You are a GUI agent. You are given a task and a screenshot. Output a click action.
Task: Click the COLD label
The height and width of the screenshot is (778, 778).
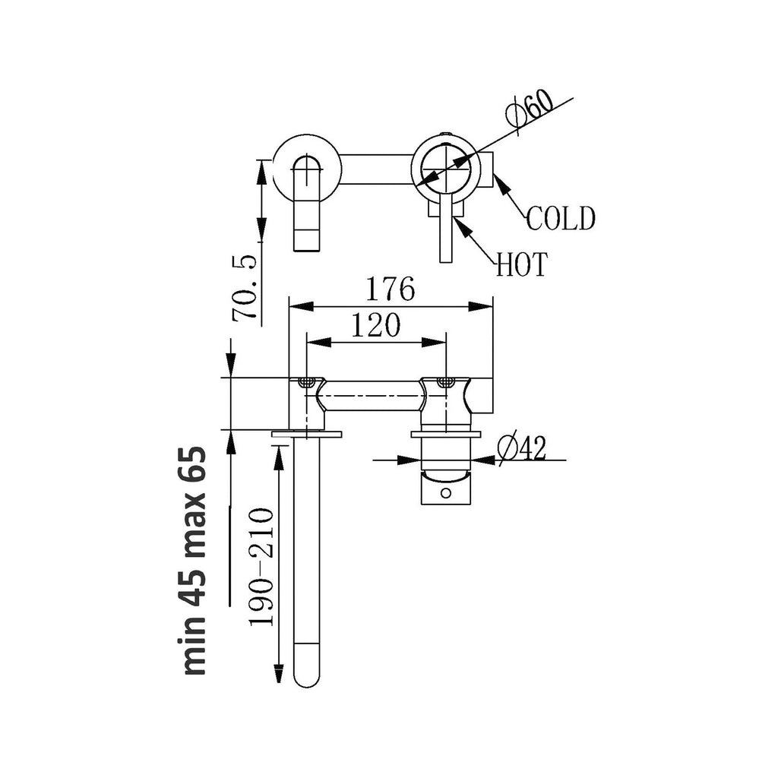(561, 219)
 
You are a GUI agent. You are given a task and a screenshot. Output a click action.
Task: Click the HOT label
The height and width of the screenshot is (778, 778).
(521, 265)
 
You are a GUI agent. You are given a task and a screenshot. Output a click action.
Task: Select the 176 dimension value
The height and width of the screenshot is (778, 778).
(391, 289)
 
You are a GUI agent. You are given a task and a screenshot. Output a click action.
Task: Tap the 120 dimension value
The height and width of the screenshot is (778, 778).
(375, 326)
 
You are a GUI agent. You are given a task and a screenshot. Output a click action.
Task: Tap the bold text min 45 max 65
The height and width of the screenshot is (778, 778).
(194, 561)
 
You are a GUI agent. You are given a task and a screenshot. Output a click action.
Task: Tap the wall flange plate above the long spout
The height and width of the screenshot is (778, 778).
(307, 434)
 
